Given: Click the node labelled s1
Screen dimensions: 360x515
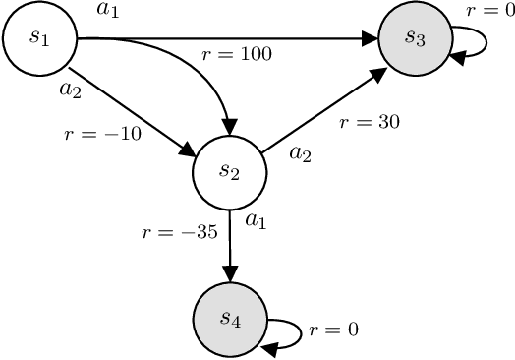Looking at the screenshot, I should tap(39, 38).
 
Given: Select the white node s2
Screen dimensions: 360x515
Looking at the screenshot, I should tap(230, 171).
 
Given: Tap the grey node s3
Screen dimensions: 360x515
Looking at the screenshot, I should tap(415, 38).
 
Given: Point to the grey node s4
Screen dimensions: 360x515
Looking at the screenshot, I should tap(230, 318).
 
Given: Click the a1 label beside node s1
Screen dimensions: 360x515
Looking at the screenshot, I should tap(108, 10).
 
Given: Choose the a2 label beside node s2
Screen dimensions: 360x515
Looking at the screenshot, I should tap(300, 153).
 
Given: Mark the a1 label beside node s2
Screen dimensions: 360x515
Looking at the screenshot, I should tap(256, 221).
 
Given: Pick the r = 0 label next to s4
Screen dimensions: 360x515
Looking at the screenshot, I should tap(332, 330).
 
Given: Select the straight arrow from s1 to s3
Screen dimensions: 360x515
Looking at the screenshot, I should tap(295, 39).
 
